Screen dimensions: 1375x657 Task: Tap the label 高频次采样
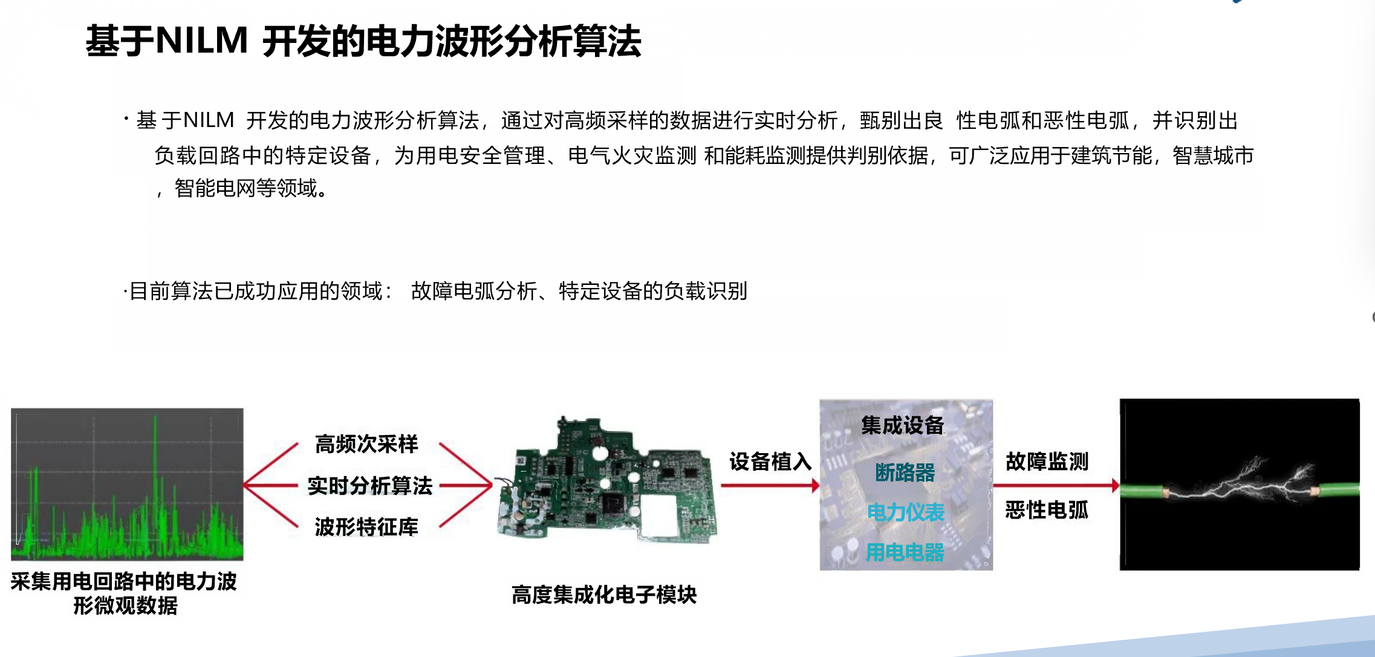click(x=366, y=444)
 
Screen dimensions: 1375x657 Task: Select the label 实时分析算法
click(x=370, y=485)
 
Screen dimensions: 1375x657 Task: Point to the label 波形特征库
click(x=366, y=526)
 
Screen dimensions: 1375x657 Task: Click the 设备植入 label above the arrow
click(x=770, y=462)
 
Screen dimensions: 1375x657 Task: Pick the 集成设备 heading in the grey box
click(x=903, y=425)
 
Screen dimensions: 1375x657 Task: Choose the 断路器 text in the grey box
click(x=905, y=472)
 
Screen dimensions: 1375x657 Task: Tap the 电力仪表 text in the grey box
click(x=905, y=512)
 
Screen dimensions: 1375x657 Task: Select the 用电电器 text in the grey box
click(x=905, y=552)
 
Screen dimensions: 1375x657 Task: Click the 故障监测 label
click(x=1047, y=462)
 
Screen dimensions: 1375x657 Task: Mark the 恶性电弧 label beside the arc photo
click(x=1047, y=510)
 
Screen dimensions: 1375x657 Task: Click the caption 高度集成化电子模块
click(x=604, y=595)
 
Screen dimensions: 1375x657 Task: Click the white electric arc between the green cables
click(x=1240, y=484)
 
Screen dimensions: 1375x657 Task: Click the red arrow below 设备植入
click(x=770, y=485)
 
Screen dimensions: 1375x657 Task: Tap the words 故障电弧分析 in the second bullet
click(x=475, y=291)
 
